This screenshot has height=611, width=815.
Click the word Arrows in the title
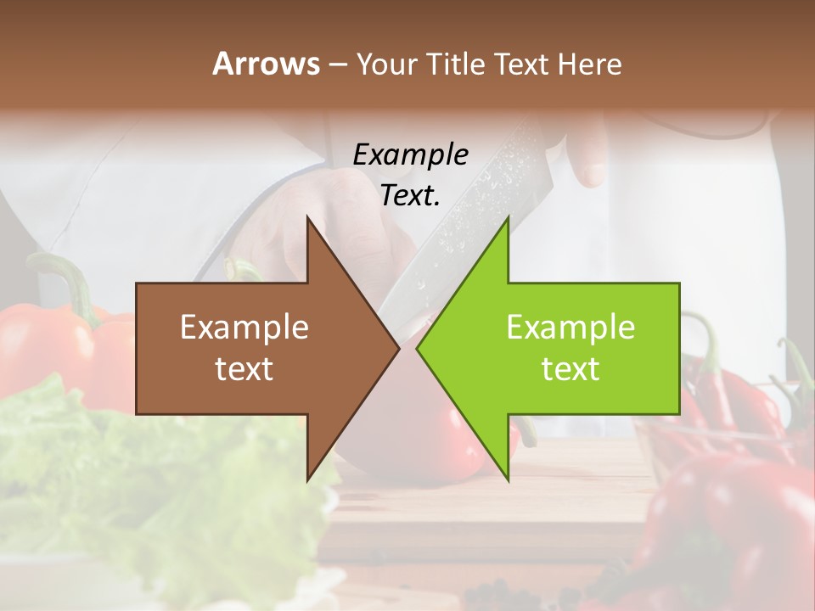(266, 64)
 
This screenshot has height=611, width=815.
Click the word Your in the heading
(386, 64)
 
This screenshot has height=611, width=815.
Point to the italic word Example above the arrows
(410, 155)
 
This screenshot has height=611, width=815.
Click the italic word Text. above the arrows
(410, 196)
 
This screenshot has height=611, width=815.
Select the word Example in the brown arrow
(244, 327)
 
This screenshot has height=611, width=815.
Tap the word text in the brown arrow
(244, 368)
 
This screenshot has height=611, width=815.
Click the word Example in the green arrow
(570, 327)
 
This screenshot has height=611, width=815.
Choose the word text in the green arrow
(570, 368)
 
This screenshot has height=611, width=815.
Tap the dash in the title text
(337, 64)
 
